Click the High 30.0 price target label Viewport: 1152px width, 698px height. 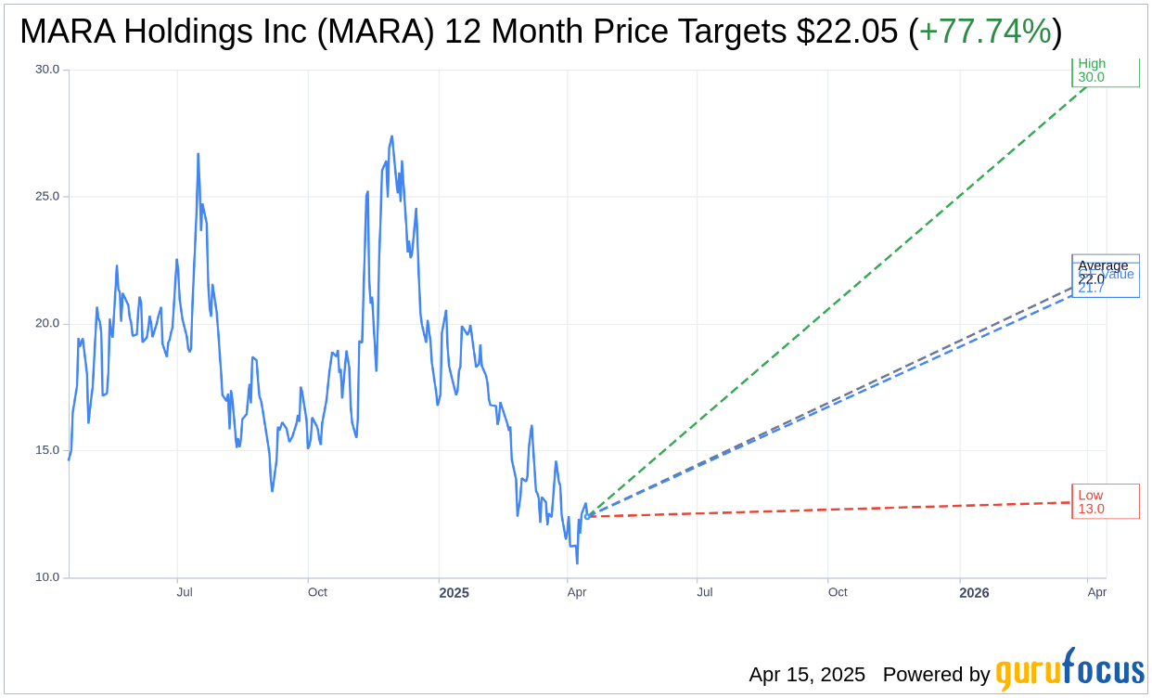[x=1105, y=71]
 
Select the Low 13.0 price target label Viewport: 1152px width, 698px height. [x=1105, y=501]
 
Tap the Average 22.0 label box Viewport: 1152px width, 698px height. [x=1104, y=270]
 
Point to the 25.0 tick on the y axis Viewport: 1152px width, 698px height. [x=46, y=197]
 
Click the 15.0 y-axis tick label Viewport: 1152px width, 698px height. [x=46, y=450]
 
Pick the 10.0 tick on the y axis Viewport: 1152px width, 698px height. [x=46, y=577]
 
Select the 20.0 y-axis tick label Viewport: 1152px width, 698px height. [x=46, y=323]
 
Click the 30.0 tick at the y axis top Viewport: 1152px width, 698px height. [x=46, y=70]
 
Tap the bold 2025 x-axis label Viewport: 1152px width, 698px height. [x=454, y=593]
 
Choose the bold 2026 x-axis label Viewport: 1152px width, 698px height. [x=974, y=593]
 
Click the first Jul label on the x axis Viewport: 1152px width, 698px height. [x=185, y=592]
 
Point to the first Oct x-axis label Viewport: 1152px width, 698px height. [x=317, y=592]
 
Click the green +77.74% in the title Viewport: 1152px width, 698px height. [x=985, y=32]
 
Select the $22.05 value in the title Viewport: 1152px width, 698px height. [x=847, y=32]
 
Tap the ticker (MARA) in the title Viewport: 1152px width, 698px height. [x=378, y=32]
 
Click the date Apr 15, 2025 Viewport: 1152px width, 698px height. [x=807, y=675]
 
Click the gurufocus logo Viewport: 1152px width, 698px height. [x=1069, y=670]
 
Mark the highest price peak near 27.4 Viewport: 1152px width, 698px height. [x=391, y=136]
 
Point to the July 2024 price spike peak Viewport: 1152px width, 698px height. [x=198, y=154]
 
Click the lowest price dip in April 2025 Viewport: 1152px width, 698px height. [x=577, y=562]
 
